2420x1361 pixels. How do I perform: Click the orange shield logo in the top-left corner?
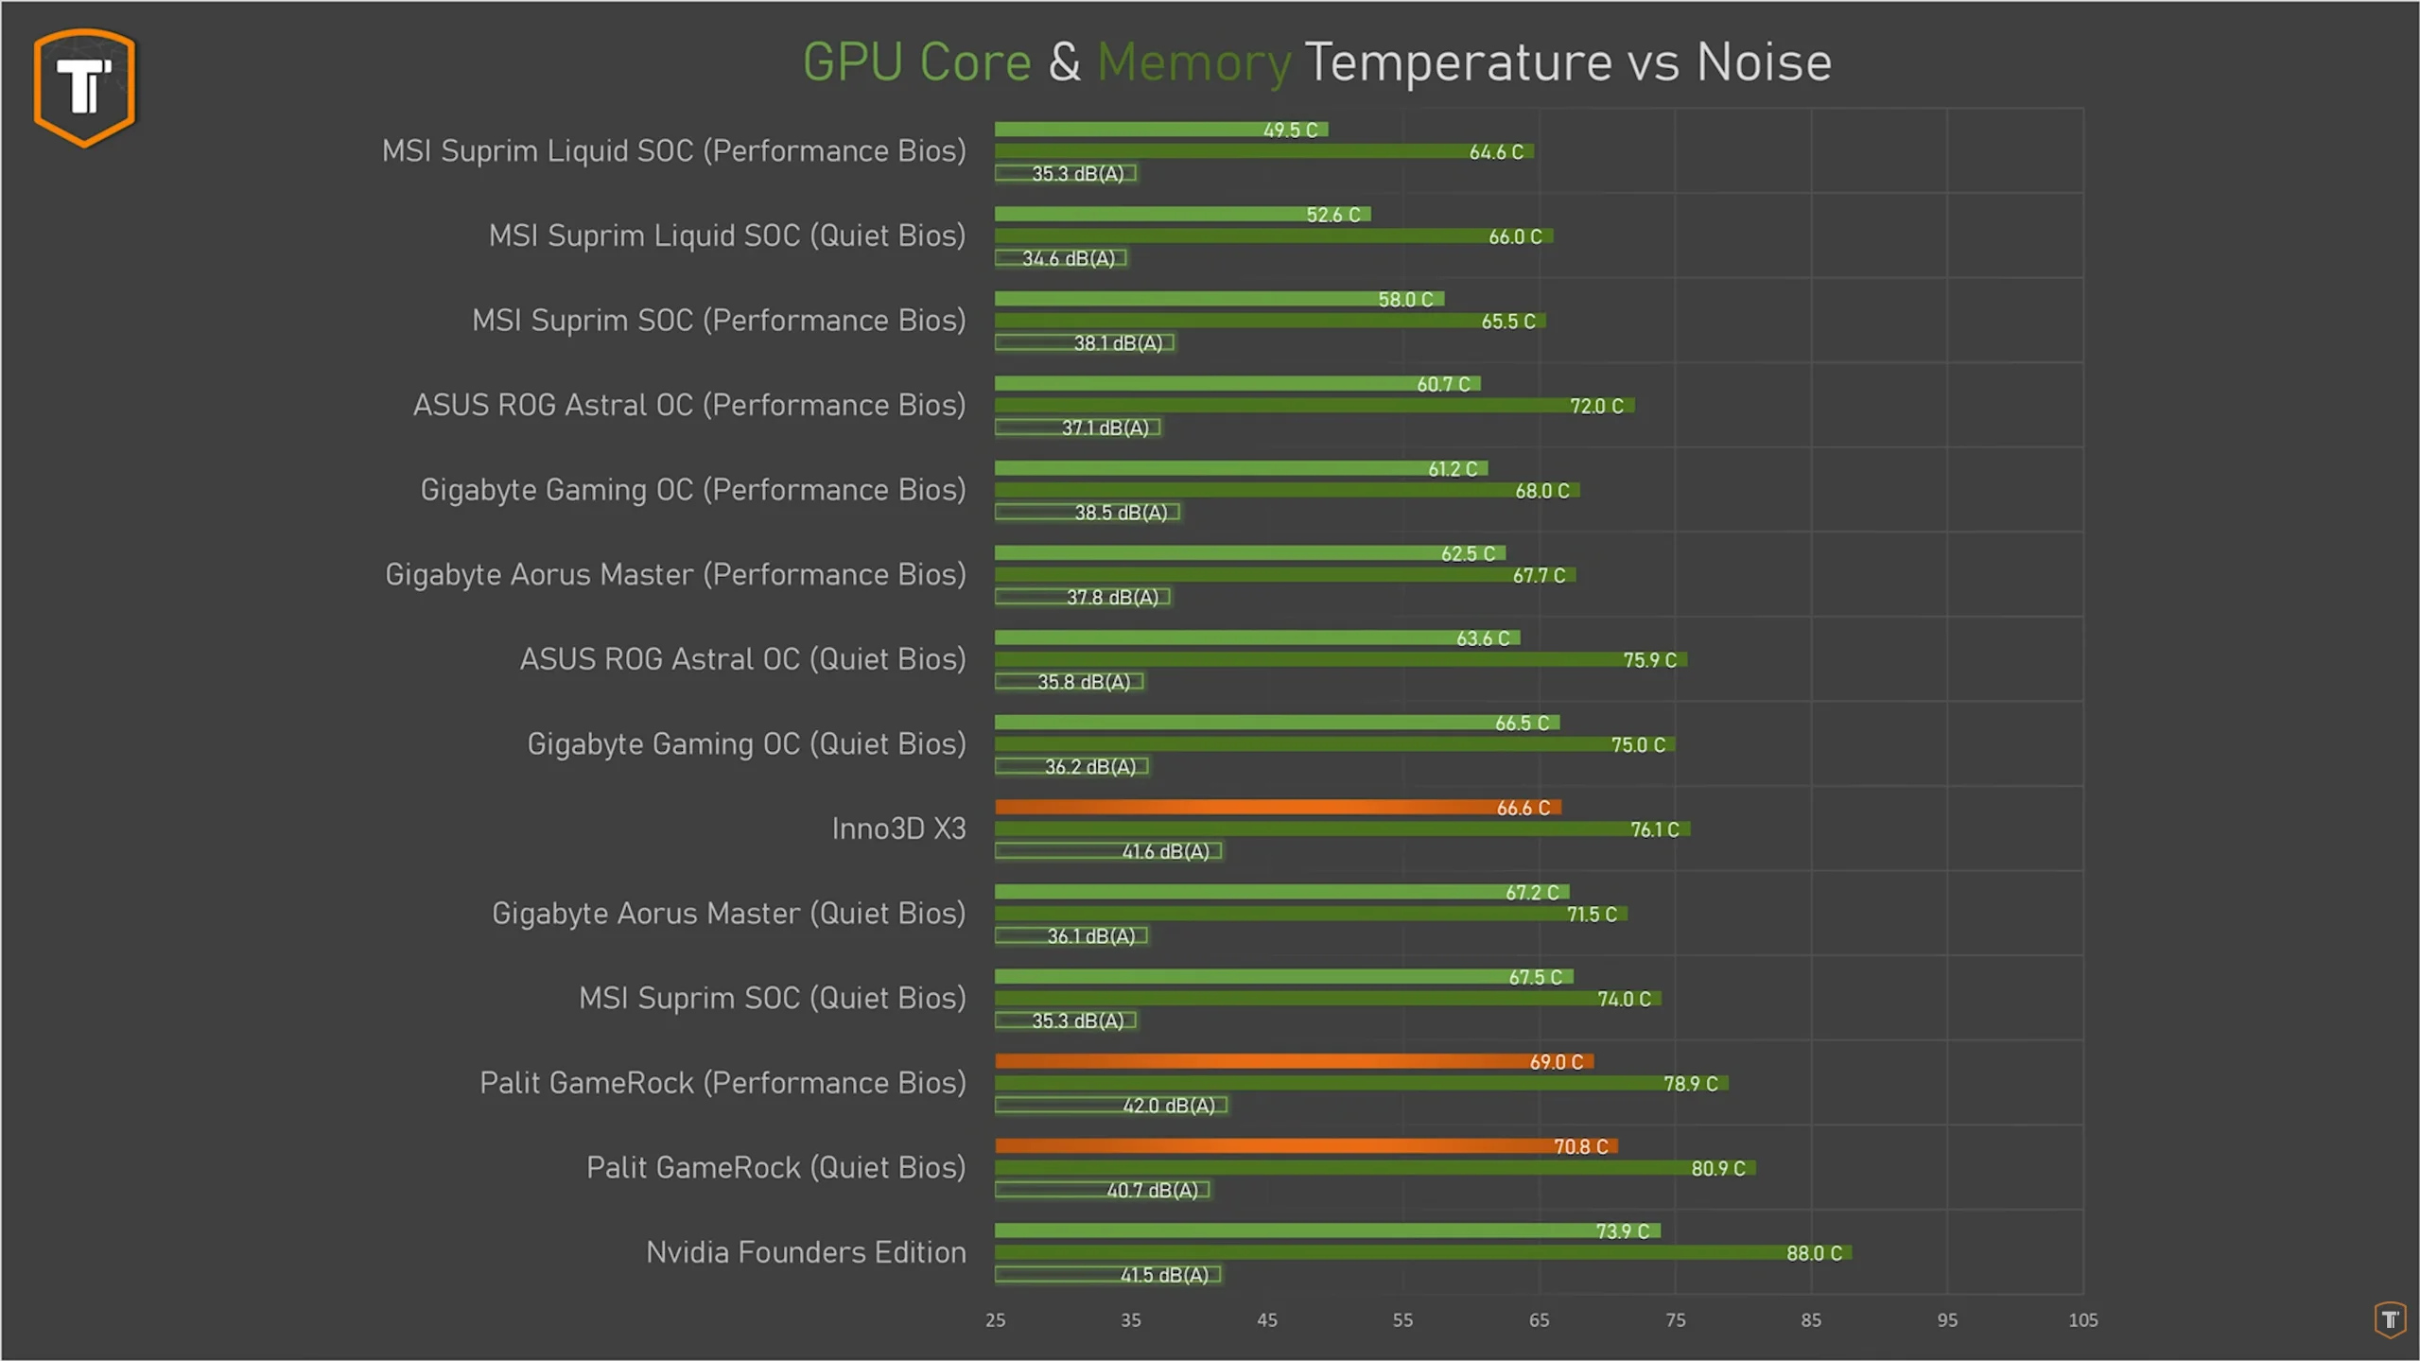pyautogui.click(x=84, y=87)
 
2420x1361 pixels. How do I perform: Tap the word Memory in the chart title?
pyautogui.click(x=1193, y=63)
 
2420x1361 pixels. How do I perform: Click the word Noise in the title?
pyautogui.click(x=1763, y=63)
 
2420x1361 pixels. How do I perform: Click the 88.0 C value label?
pyautogui.click(x=1813, y=1253)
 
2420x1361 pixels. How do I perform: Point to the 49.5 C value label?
pyautogui.click(x=1290, y=131)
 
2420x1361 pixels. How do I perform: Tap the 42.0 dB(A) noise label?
pyautogui.click(x=1168, y=1106)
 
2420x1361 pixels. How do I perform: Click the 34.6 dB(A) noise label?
pyautogui.click(x=1068, y=258)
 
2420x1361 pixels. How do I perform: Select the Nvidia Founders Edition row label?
pyautogui.click(x=806, y=1252)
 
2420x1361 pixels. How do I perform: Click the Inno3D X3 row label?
pyautogui.click(x=898, y=829)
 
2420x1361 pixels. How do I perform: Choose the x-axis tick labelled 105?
pyautogui.click(x=2082, y=1320)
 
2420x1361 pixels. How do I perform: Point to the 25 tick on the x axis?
pyautogui.click(x=995, y=1320)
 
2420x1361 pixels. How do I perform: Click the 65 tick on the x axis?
pyautogui.click(x=1539, y=1320)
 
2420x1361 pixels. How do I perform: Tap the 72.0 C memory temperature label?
pyautogui.click(x=1596, y=407)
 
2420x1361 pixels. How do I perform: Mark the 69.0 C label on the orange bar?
pyautogui.click(x=1556, y=1062)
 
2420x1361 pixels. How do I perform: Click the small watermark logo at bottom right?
pyautogui.click(x=2390, y=1319)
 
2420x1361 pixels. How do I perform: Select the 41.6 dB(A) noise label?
pyautogui.click(x=1165, y=851)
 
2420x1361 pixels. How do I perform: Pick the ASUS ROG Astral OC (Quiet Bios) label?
pyautogui.click(x=742, y=659)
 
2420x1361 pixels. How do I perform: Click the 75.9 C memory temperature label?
pyautogui.click(x=1649, y=660)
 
